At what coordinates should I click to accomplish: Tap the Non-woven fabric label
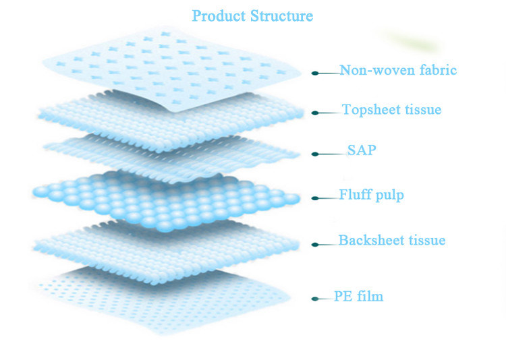pyautogui.click(x=398, y=70)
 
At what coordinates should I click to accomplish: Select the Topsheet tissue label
pyautogui.click(x=392, y=109)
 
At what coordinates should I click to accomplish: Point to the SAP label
pyautogui.click(x=362, y=150)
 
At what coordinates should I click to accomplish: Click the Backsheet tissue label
pyautogui.click(x=391, y=241)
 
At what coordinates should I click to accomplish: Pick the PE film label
pyautogui.click(x=358, y=296)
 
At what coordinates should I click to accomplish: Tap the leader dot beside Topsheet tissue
pyautogui.click(x=314, y=113)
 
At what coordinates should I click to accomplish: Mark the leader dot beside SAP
pyautogui.click(x=314, y=154)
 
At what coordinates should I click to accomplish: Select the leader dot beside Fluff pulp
pyautogui.click(x=314, y=198)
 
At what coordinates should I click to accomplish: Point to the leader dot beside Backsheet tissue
pyautogui.click(x=314, y=244)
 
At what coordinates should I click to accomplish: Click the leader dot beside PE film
pyautogui.click(x=314, y=299)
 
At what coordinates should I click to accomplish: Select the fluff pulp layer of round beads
pyautogui.click(x=165, y=197)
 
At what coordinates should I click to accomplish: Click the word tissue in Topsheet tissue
pyautogui.click(x=424, y=109)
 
